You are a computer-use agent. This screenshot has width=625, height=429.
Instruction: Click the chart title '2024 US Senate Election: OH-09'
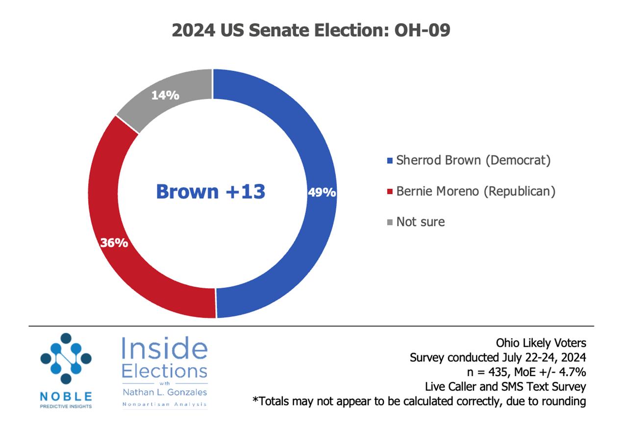point(311,30)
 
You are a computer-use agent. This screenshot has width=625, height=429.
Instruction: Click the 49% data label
point(322,192)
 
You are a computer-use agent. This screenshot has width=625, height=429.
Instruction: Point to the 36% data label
point(114,243)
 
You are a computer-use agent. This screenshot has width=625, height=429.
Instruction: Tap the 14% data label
point(165,96)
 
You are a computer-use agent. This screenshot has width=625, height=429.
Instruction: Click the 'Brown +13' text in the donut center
point(211,192)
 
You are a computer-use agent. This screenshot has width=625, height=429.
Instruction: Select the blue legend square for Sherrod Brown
point(390,161)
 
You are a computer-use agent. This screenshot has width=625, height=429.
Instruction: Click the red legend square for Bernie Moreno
point(390,192)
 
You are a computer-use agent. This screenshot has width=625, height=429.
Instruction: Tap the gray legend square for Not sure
point(390,222)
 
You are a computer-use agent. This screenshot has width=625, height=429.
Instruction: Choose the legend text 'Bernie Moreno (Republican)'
point(476,192)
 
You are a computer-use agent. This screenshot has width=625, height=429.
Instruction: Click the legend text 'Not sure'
point(421,222)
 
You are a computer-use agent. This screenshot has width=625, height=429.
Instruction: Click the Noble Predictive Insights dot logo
point(66,358)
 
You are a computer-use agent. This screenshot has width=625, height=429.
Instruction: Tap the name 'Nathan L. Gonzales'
point(165,392)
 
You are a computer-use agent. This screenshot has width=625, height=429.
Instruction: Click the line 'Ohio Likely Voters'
point(541,343)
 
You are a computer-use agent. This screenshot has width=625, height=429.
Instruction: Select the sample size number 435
point(498,372)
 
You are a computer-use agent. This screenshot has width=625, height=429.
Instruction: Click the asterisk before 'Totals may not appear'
point(255,399)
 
